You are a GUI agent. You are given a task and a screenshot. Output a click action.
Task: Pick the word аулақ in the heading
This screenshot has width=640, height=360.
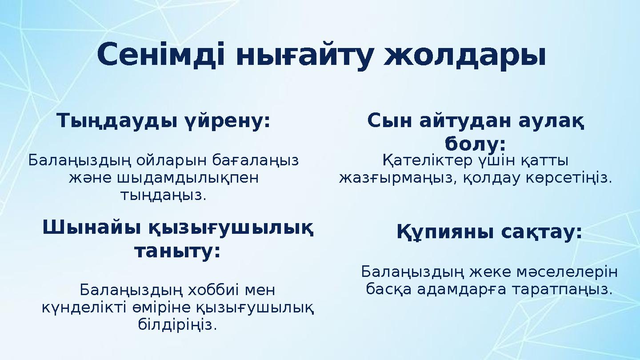tap(551, 121)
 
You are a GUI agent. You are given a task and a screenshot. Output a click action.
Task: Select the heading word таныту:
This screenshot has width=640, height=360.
tap(177, 252)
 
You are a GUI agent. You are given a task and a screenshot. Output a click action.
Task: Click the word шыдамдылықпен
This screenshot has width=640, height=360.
tap(164, 178)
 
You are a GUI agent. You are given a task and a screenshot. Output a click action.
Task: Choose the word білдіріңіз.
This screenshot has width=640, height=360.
tap(177, 325)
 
